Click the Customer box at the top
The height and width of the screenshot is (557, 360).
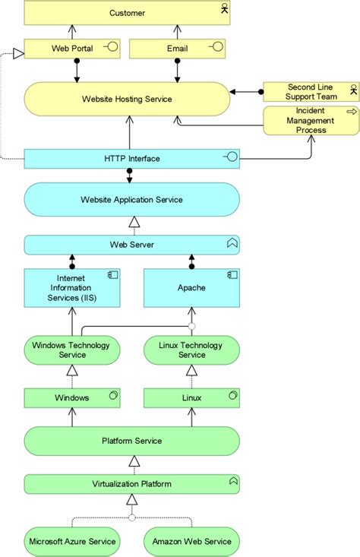[127, 13]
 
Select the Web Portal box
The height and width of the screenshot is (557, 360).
[72, 49]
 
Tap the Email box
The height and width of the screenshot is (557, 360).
[176, 49]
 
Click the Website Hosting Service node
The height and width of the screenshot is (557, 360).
[127, 99]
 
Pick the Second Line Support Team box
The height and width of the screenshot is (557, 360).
[311, 92]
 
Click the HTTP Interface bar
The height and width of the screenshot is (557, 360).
[131, 159]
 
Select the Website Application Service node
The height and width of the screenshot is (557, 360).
[131, 200]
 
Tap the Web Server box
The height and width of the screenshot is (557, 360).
[131, 245]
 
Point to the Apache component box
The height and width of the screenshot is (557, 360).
[191, 288]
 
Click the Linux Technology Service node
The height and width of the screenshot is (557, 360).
[191, 350]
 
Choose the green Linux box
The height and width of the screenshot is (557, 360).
[191, 397]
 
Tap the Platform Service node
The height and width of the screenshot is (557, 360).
[131, 441]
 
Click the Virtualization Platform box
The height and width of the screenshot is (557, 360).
[131, 483]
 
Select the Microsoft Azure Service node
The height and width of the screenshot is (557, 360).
[72, 541]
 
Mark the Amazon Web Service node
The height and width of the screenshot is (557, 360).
[191, 541]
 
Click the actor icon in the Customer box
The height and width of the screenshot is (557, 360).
[224, 9]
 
